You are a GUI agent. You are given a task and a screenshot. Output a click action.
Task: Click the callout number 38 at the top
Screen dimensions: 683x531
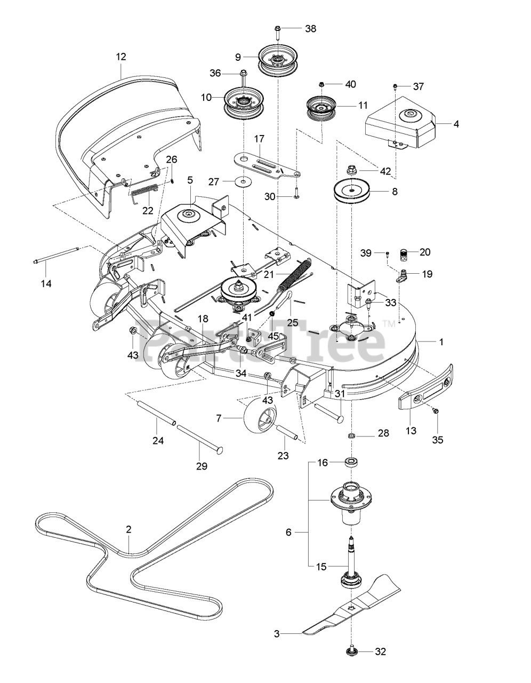[x=310, y=29]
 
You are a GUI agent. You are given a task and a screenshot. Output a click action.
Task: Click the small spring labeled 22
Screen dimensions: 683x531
[x=144, y=190]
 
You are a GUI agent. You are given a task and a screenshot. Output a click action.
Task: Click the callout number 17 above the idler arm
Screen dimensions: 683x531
[x=259, y=139]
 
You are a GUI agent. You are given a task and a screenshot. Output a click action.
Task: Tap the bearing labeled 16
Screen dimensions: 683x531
[x=352, y=462]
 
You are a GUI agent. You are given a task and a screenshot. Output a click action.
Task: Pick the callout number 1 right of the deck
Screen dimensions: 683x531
[x=440, y=341]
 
